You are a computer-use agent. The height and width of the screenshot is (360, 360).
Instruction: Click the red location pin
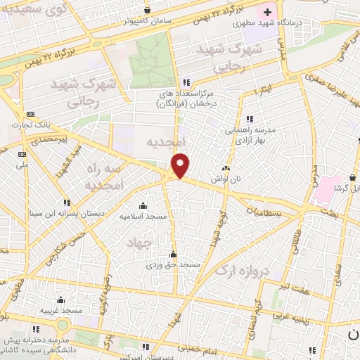click(x=181, y=165)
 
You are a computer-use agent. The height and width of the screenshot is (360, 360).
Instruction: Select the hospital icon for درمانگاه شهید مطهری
click(x=268, y=12)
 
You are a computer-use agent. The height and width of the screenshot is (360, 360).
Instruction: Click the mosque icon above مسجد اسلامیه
click(x=144, y=205)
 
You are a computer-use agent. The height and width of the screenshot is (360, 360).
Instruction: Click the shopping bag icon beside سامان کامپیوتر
click(x=146, y=11)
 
